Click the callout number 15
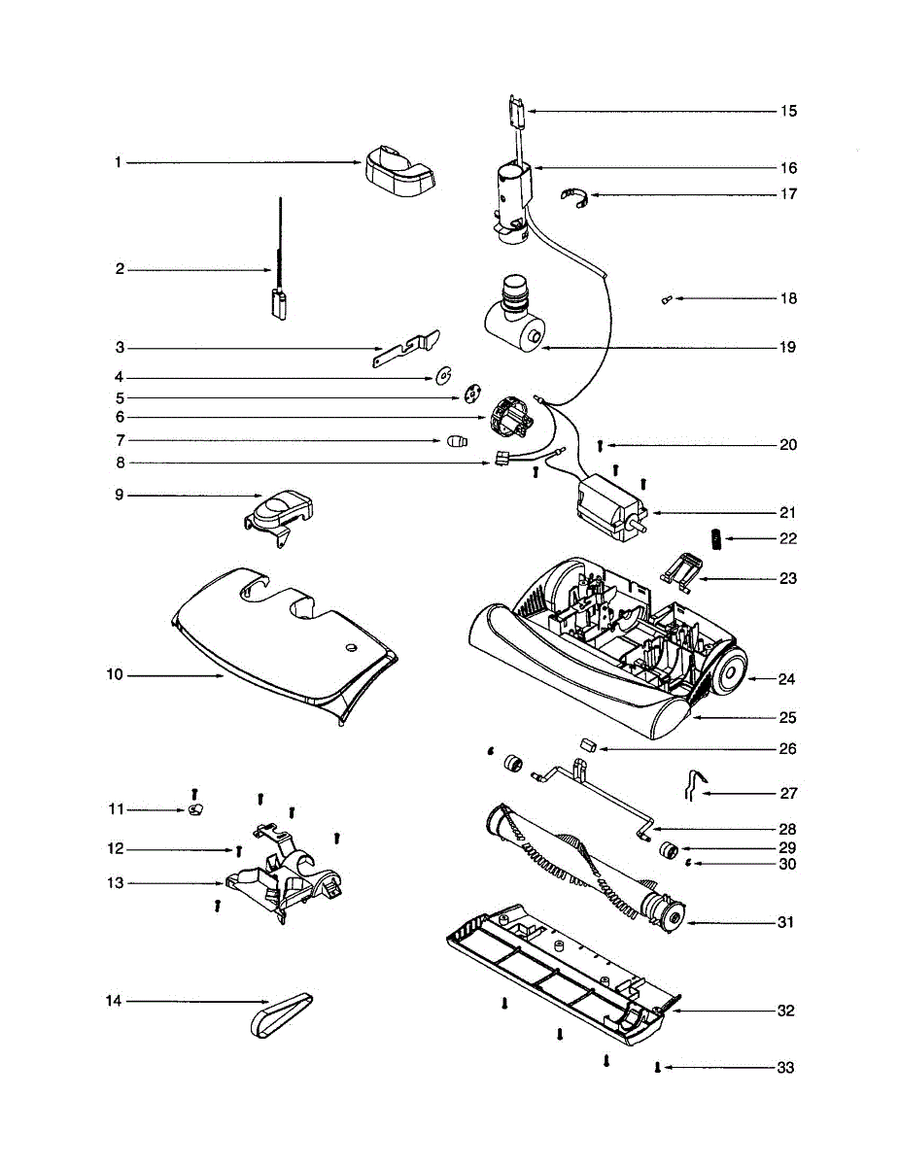pyautogui.click(x=788, y=111)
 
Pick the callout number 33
pyautogui.click(x=784, y=1068)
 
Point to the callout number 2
pyautogui.click(x=120, y=269)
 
